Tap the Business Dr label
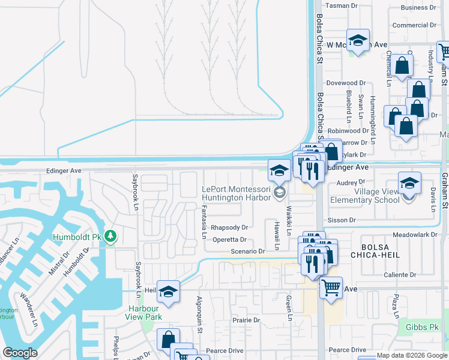point(414,8)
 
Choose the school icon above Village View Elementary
point(409,183)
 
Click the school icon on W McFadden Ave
point(358,40)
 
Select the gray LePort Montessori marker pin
point(279,193)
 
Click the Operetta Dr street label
point(230,240)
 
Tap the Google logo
point(20,353)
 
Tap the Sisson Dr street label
point(342,220)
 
